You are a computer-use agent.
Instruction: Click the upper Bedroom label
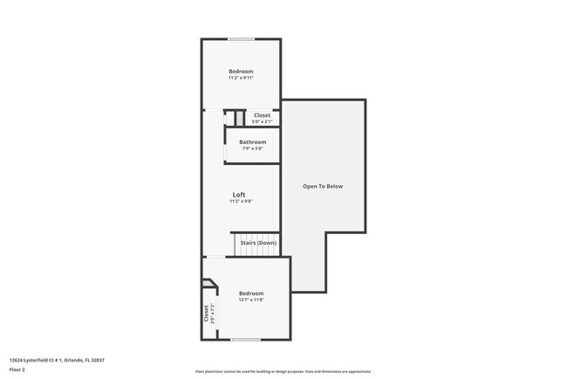241,71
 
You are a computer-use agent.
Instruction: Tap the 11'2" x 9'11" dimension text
241,78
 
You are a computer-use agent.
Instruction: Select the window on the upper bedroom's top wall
242,39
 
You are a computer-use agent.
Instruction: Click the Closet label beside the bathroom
262,115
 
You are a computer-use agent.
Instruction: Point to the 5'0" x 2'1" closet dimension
262,121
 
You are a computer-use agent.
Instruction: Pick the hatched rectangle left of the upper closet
236,117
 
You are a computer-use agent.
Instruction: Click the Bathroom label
253,141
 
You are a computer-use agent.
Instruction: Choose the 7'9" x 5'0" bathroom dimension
253,148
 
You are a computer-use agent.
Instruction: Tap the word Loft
239,194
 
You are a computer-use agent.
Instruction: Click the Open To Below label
323,186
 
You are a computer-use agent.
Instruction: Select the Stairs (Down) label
259,242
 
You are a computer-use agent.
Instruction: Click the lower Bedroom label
251,293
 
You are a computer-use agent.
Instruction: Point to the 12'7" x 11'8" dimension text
251,300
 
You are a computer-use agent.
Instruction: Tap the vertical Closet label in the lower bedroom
207,313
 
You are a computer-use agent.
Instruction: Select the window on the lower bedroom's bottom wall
246,339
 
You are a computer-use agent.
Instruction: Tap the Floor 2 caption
17,369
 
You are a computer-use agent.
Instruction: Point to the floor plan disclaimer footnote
283,371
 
